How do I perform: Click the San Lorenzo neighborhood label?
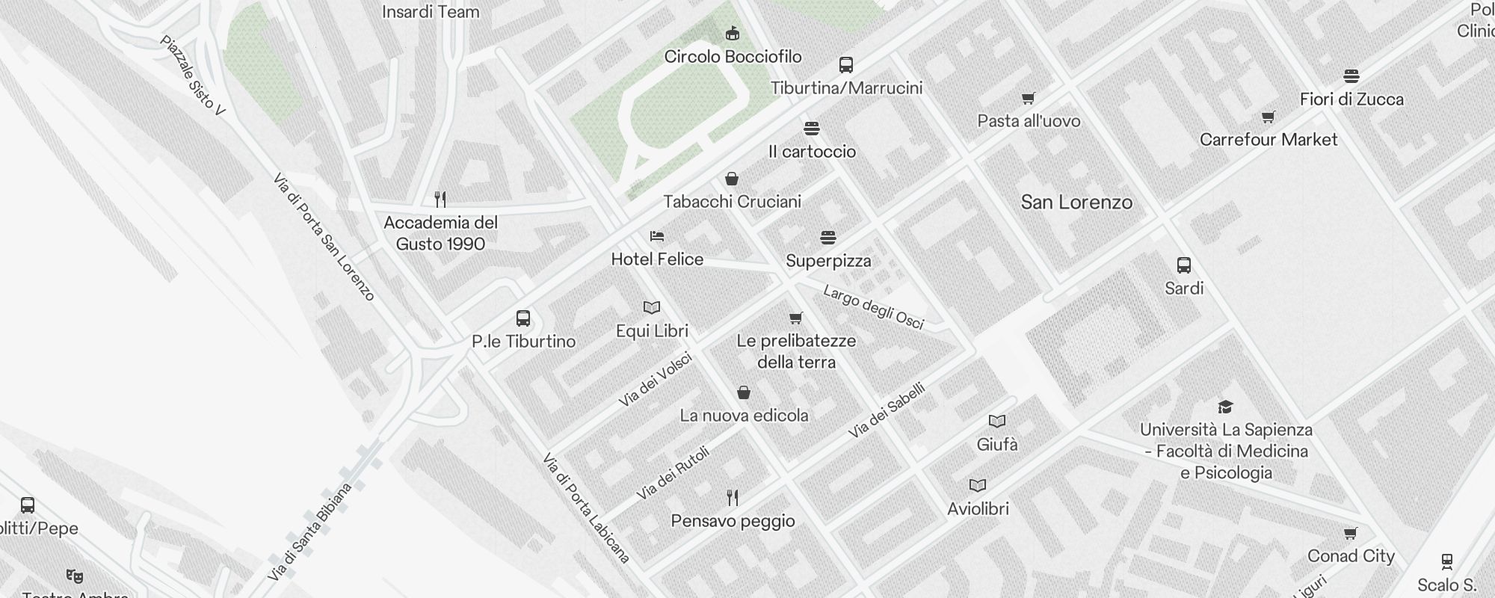coord(1076,202)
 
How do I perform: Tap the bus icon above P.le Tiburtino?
coord(523,318)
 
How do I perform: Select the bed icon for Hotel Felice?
coord(657,236)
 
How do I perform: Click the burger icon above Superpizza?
coord(827,238)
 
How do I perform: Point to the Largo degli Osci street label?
coord(873,307)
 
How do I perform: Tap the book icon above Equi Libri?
coord(652,307)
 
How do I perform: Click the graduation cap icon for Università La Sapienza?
coord(1225,407)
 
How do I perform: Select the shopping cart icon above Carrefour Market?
coord(1268,117)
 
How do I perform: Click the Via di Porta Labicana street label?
coord(587,508)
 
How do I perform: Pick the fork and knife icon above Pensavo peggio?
coord(733,498)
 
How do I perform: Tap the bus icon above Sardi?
coord(1184,265)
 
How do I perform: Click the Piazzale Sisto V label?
coord(192,75)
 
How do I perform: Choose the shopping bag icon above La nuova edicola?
coord(744,392)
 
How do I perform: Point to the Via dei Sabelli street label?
coord(887,410)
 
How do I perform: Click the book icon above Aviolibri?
coord(978,485)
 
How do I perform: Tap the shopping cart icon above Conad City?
coord(1350,534)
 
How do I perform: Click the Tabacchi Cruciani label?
coord(732,201)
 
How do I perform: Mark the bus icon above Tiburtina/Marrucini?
coord(846,65)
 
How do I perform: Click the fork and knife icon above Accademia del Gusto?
coord(440,200)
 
